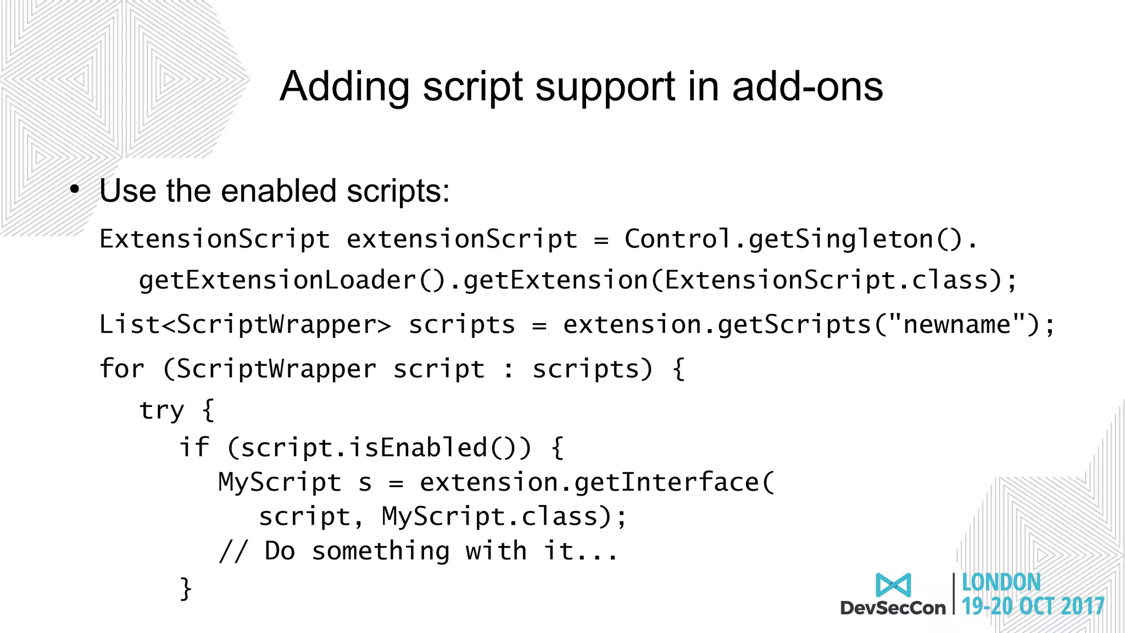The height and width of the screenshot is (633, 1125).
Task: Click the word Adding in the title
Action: (344, 87)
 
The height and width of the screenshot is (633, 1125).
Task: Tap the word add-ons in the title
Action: (807, 87)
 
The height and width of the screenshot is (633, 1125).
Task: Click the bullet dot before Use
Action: (75, 190)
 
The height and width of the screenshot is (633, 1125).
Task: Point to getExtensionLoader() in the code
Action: (293, 280)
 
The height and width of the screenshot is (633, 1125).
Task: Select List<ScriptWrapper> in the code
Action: (245, 324)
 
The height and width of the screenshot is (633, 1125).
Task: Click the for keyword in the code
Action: (121, 368)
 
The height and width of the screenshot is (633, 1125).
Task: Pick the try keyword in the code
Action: (161, 410)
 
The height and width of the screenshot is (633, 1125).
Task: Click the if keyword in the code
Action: (194, 447)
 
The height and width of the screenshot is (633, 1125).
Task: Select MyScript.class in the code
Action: (489, 517)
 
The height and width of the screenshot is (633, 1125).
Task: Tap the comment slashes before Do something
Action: (233, 551)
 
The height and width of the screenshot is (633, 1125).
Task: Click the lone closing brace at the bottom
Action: (186, 588)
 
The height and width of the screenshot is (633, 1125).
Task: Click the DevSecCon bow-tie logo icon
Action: (893, 585)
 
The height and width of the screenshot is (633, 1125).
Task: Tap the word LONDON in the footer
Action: (1001, 582)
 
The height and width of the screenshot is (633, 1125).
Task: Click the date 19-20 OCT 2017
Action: (1033, 606)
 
